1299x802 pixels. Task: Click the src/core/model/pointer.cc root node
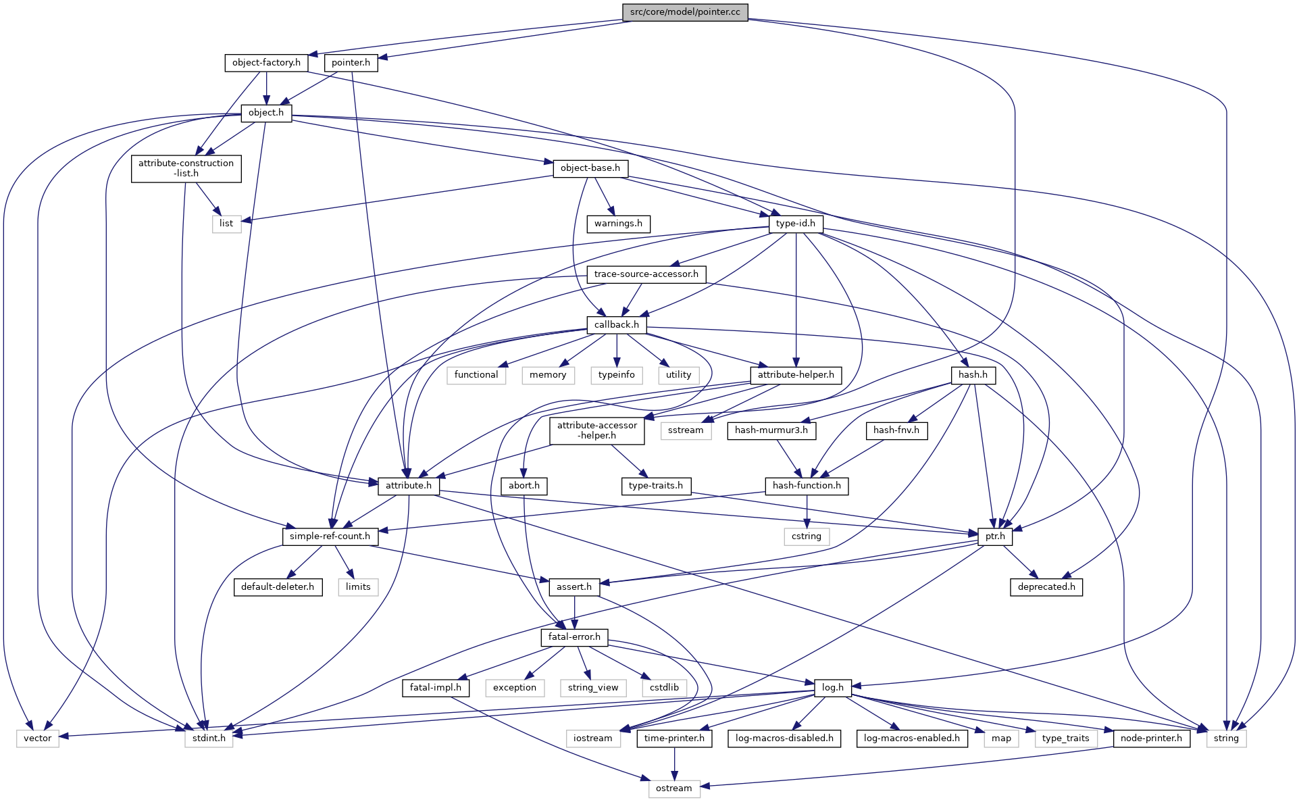(685, 12)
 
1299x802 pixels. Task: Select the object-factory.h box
(266, 63)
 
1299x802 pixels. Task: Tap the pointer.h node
(351, 63)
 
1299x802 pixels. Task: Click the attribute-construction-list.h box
(186, 168)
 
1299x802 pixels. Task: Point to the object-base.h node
(590, 168)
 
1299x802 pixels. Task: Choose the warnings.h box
(618, 224)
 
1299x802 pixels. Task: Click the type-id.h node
(796, 224)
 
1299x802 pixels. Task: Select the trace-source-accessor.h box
(646, 274)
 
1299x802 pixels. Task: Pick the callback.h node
(616, 325)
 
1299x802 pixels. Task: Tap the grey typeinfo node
(616, 375)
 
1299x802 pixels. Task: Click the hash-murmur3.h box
(771, 430)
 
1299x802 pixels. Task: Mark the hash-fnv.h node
(896, 430)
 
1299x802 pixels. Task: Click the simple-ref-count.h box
(330, 536)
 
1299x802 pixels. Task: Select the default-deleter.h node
(278, 587)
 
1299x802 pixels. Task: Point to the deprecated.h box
(1046, 587)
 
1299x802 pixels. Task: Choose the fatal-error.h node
(574, 637)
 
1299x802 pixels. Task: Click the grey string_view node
(593, 688)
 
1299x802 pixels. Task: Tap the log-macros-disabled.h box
(784, 738)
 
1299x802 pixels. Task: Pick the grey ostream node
(673, 788)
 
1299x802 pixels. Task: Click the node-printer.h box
(1151, 738)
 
